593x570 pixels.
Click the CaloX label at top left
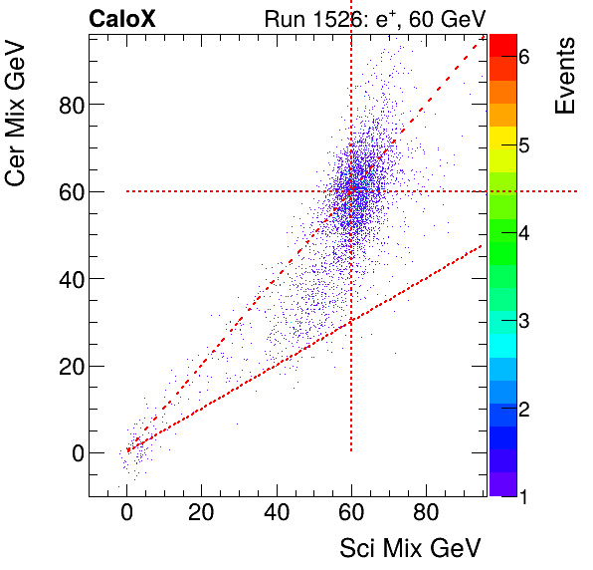pyautogui.click(x=123, y=18)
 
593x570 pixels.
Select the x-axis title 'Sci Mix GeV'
pyautogui.click(x=410, y=547)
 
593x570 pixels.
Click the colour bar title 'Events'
pyautogui.click(x=565, y=76)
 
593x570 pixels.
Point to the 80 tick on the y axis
pyautogui.click(x=69, y=105)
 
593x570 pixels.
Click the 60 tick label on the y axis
pyautogui.click(x=69, y=191)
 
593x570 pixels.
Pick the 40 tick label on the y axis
pyautogui.click(x=69, y=279)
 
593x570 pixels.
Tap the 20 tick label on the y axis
pyautogui.click(x=69, y=366)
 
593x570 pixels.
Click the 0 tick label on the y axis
pyautogui.click(x=75, y=452)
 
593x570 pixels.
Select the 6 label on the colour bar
pyautogui.click(x=523, y=58)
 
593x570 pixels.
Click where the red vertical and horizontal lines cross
pyautogui.click(x=351, y=191)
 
